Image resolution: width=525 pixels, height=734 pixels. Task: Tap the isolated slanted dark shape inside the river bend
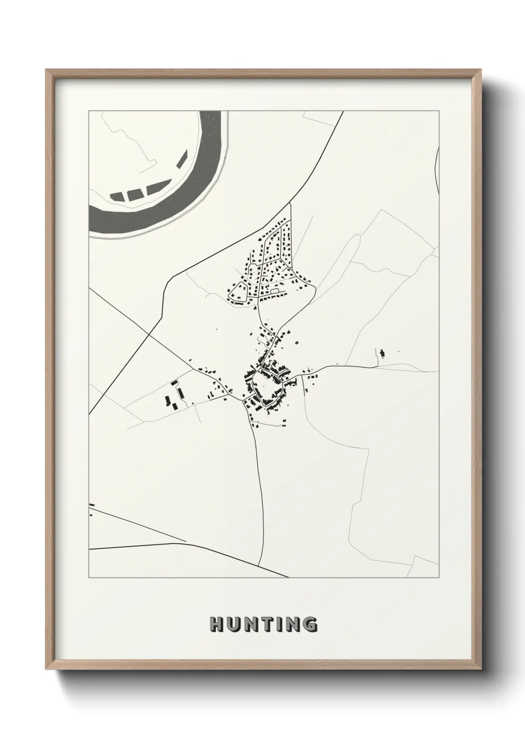point(182,158)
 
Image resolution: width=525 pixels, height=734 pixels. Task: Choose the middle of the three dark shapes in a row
point(133,193)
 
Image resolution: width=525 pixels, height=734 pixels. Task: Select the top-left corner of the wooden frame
point(47,70)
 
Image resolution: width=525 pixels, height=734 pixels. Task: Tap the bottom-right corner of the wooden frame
point(481,668)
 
